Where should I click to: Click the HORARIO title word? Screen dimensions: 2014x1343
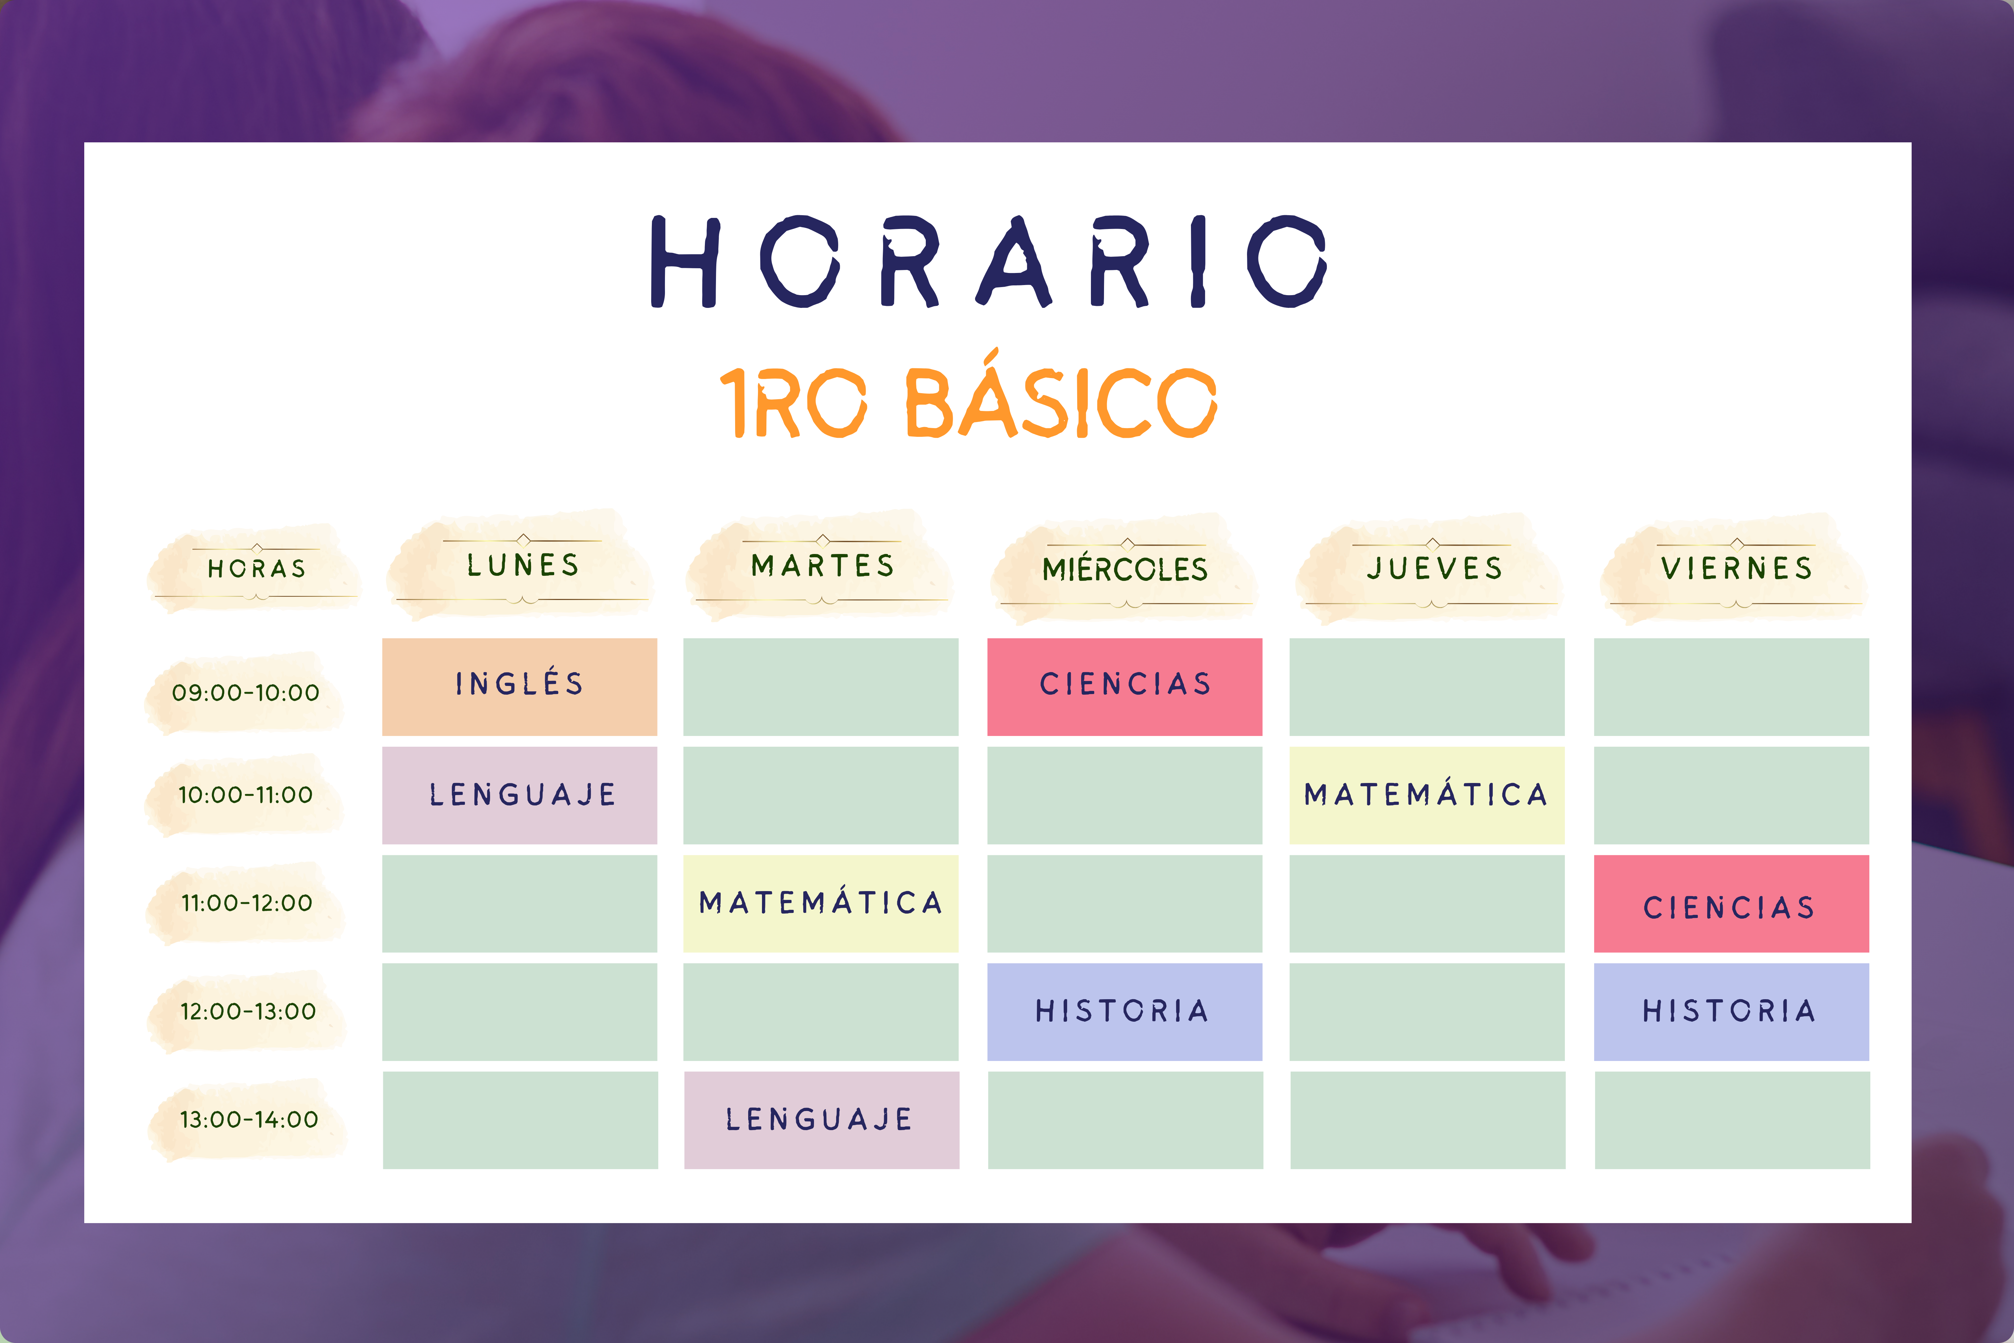point(989,261)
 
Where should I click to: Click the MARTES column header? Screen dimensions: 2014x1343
point(823,565)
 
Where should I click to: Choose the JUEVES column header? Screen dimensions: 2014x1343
point(1434,568)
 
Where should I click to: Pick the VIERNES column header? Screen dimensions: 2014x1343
point(1736,568)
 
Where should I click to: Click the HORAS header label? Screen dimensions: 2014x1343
point(257,569)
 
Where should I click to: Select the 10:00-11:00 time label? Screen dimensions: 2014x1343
point(246,795)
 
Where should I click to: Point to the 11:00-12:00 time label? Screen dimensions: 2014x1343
point(247,903)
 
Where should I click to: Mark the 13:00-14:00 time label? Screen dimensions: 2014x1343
point(249,1119)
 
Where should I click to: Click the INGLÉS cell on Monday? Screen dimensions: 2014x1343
point(520,687)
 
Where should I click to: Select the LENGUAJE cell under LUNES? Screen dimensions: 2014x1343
point(520,796)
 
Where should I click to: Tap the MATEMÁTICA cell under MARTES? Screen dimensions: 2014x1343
point(821,904)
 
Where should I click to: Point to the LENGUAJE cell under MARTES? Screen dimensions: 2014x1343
point(822,1120)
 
